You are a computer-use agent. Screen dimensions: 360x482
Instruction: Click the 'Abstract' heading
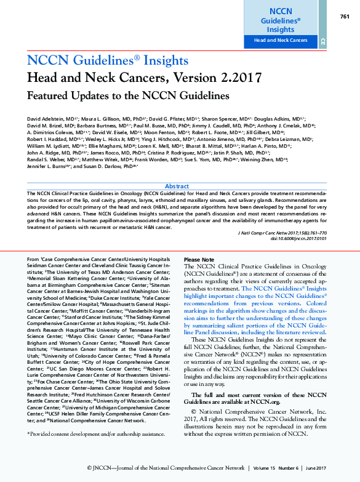177,186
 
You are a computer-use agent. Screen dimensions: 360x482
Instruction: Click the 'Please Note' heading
199,260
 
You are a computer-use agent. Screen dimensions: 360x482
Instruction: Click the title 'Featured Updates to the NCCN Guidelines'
128,96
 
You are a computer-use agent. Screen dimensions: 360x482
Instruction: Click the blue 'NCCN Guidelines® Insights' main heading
108,60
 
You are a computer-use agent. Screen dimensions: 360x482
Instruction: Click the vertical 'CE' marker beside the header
322,41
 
